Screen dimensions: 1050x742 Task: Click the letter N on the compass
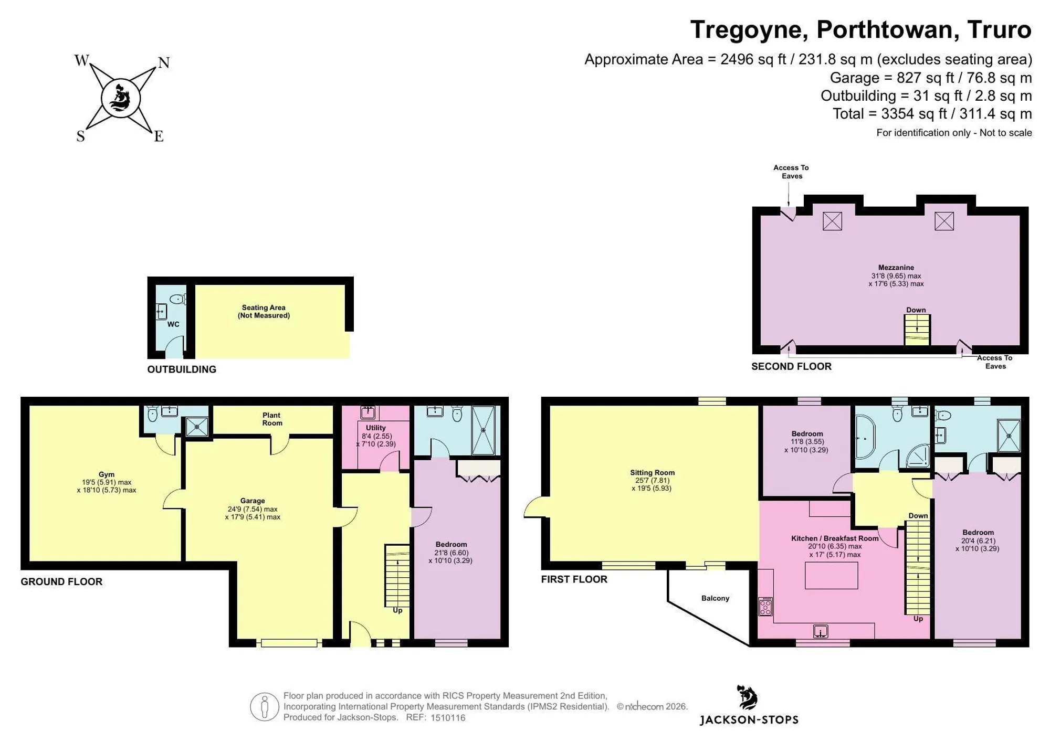click(164, 63)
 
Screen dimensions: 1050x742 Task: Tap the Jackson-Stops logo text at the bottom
click(749, 720)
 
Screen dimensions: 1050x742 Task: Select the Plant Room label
click(272, 419)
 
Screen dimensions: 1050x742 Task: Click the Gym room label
click(106, 474)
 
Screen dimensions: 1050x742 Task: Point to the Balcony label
click(715, 598)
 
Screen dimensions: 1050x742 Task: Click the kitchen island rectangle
click(832, 575)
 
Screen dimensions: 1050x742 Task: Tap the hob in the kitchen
click(765, 606)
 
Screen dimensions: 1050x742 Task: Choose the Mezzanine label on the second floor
click(896, 268)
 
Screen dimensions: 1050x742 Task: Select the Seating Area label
click(264, 312)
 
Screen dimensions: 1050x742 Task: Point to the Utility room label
click(376, 428)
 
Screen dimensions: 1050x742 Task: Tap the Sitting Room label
click(652, 472)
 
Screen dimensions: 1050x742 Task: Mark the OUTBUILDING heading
click(182, 369)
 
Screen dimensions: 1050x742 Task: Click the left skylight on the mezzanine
click(832, 221)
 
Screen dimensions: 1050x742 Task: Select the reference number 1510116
click(448, 718)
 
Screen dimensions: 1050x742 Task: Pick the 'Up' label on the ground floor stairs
click(397, 610)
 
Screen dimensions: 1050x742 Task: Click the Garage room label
click(253, 501)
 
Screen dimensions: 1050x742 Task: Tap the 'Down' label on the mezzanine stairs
click(916, 310)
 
